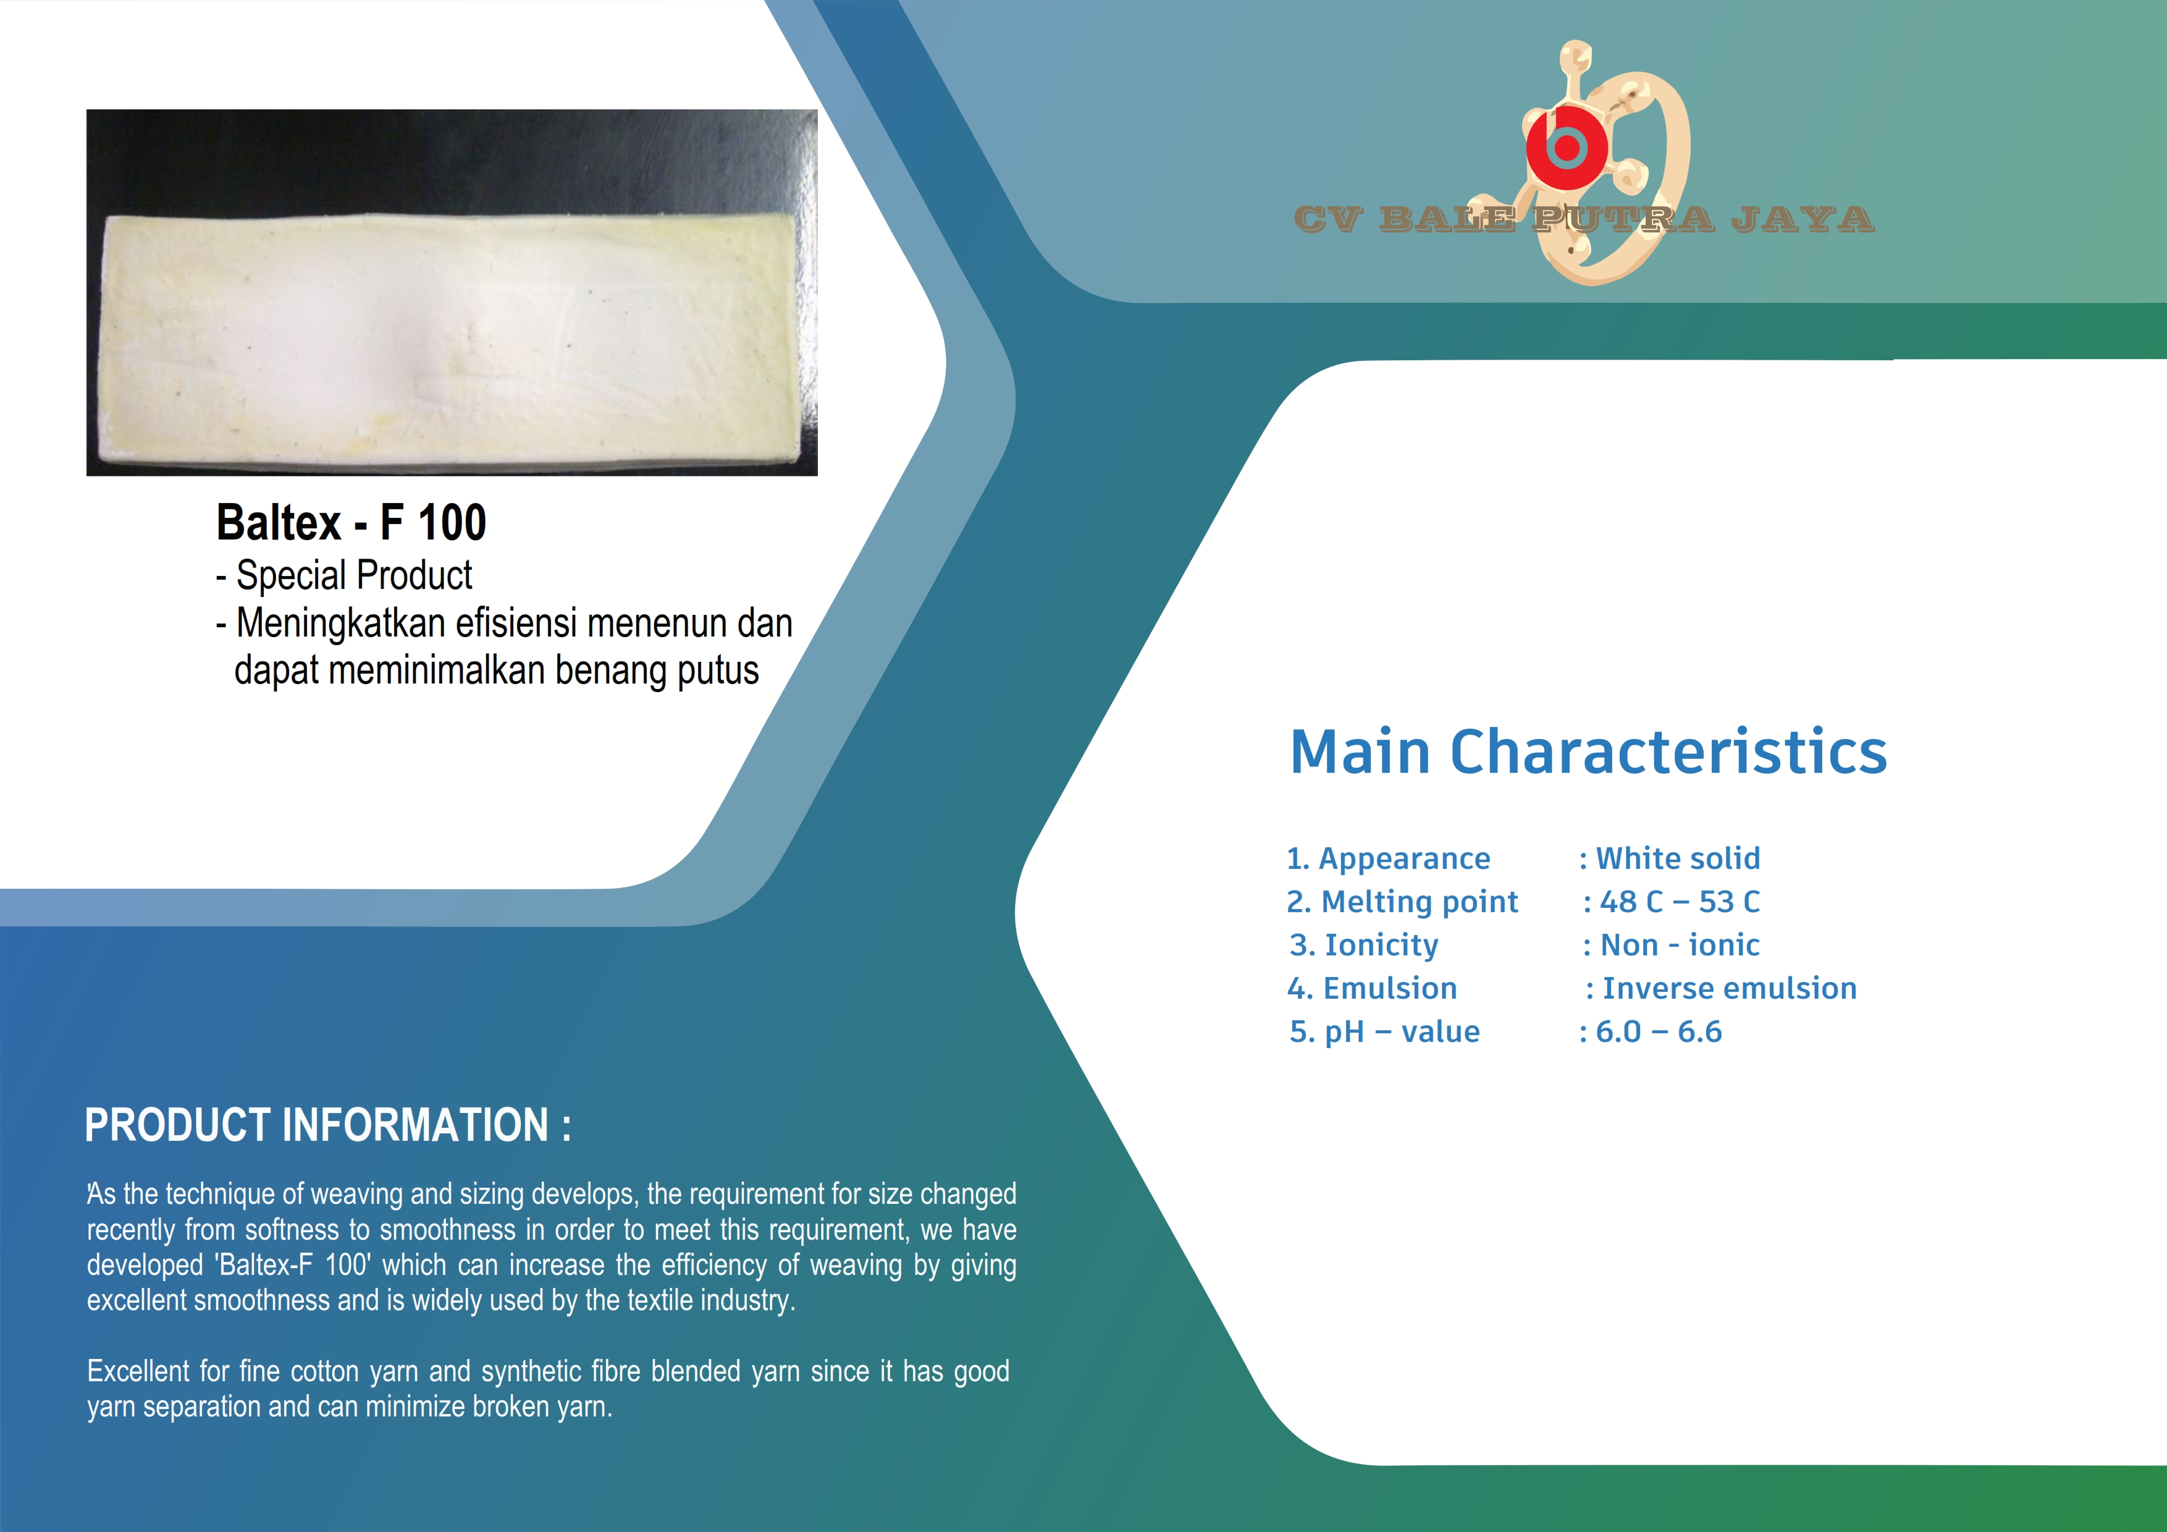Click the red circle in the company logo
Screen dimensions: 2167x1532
tap(1567, 146)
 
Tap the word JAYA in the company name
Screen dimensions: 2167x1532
tap(1802, 219)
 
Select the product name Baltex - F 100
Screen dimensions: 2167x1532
tap(351, 522)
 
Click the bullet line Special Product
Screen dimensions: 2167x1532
tap(345, 575)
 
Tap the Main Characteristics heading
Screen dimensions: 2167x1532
tap(1588, 751)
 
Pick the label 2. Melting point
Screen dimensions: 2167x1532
tap(1402, 902)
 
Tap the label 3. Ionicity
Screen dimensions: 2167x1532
tap(1364, 945)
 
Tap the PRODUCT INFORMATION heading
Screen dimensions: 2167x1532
tap(327, 1125)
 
